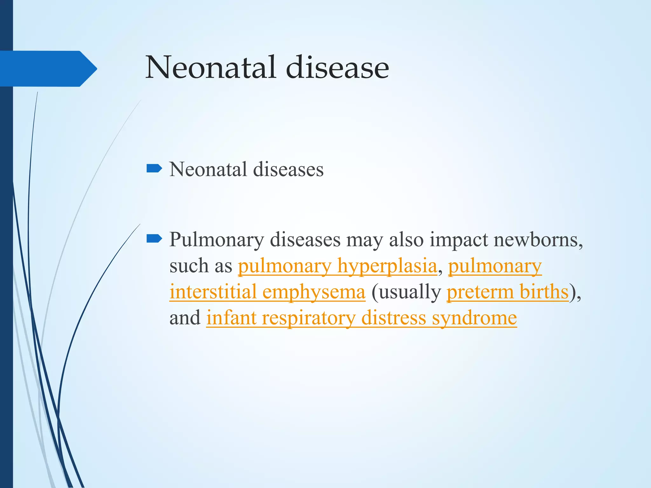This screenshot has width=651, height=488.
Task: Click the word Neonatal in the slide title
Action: tap(210, 67)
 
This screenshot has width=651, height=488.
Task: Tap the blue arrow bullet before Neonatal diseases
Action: tap(154, 168)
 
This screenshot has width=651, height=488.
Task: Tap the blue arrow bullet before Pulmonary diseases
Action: tap(154, 239)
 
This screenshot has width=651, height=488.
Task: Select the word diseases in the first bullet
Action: tap(288, 169)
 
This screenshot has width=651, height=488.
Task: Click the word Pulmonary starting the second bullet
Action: tap(216, 240)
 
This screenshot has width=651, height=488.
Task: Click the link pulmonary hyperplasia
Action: tap(337, 266)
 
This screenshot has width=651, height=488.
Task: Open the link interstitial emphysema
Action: tap(267, 292)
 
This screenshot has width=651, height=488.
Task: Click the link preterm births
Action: tap(507, 292)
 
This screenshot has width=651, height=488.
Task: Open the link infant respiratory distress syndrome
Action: tap(361, 318)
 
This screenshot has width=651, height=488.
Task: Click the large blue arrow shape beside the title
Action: tap(48, 69)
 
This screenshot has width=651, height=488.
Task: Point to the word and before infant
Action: tap(185, 318)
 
